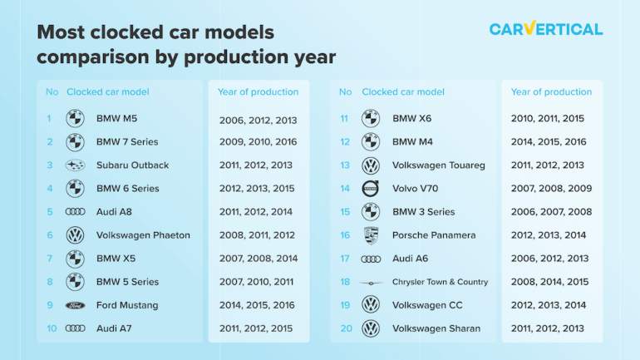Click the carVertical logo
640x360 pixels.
[546, 28]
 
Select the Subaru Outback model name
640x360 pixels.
[132, 165]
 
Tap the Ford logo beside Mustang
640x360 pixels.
[75, 305]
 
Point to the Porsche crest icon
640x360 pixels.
[371, 235]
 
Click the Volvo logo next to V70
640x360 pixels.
[371, 189]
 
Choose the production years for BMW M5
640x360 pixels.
[258, 121]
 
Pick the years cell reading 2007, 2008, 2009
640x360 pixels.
[551, 189]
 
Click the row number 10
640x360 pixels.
[52, 328]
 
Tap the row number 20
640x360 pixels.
[346, 328]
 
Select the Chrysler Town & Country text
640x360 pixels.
[440, 282]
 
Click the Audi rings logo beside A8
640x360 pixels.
[75, 212]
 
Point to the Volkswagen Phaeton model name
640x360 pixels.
[143, 235]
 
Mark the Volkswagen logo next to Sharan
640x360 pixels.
[371, 328]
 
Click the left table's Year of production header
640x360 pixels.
[258, 91]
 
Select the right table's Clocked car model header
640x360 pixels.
[403, 91]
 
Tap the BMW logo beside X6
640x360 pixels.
[371, 118]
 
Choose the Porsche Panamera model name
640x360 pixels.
[434, 235]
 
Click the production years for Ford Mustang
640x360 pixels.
[257, 305]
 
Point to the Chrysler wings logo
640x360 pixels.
[371, 283]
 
